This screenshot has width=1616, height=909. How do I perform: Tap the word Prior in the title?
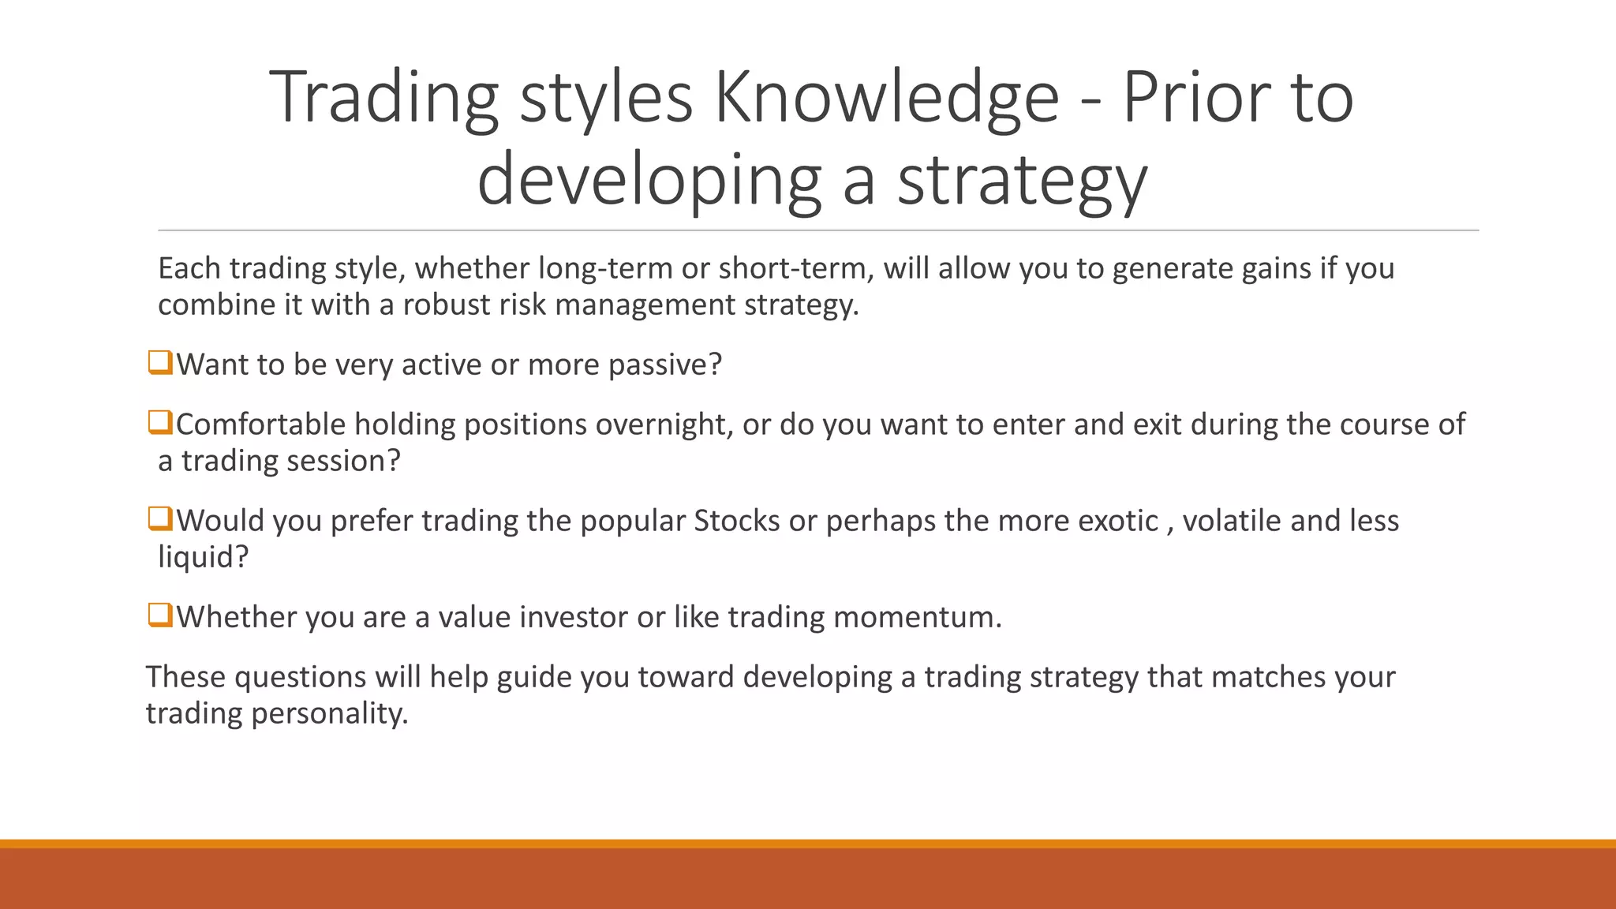[x=1195, y=98]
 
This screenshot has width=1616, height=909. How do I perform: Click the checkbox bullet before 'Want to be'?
[x=159, y=363]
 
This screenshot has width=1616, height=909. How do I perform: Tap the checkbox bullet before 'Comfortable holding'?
[x=159, y=423]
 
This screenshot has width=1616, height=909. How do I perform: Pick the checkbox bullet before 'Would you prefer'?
[x=159, y=519]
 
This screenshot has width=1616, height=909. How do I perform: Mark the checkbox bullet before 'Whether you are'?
[x=159, y=615]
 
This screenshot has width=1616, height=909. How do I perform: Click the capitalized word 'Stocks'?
[x=737, y=521]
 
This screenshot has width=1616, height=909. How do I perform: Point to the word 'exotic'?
[x=1118, y=521]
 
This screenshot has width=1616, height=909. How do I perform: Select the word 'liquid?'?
[x=204, y=557]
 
